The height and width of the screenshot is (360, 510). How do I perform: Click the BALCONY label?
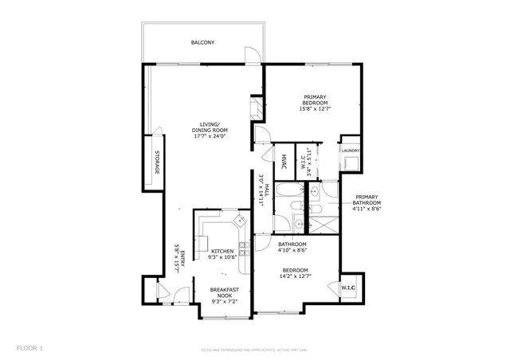[x=202, y=42]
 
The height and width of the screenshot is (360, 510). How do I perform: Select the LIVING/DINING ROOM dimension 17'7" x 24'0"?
[x=210, y=136]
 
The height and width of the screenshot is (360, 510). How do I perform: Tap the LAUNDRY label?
[x=351, y=150]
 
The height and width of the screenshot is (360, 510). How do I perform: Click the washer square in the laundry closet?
[x=351, y=163]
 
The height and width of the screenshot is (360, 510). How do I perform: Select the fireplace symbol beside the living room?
[x=256, y=108]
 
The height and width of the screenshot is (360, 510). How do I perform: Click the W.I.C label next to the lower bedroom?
[x=348, y=288]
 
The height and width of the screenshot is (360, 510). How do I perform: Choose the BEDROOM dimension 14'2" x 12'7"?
[x=295, y=276]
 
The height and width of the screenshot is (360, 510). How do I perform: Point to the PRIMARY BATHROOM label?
[x=367, y=202]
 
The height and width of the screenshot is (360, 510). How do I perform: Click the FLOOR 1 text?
[x=29, y=348]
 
